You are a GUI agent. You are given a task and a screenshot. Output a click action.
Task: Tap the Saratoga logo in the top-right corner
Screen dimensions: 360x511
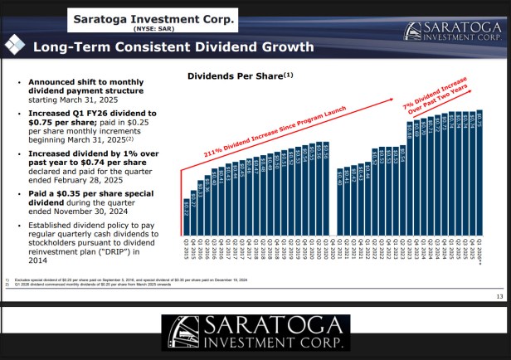(452, 31)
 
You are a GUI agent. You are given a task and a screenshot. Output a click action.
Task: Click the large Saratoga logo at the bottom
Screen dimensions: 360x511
(255, 332)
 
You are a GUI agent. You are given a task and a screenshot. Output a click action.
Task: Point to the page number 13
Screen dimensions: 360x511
(499, 296)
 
